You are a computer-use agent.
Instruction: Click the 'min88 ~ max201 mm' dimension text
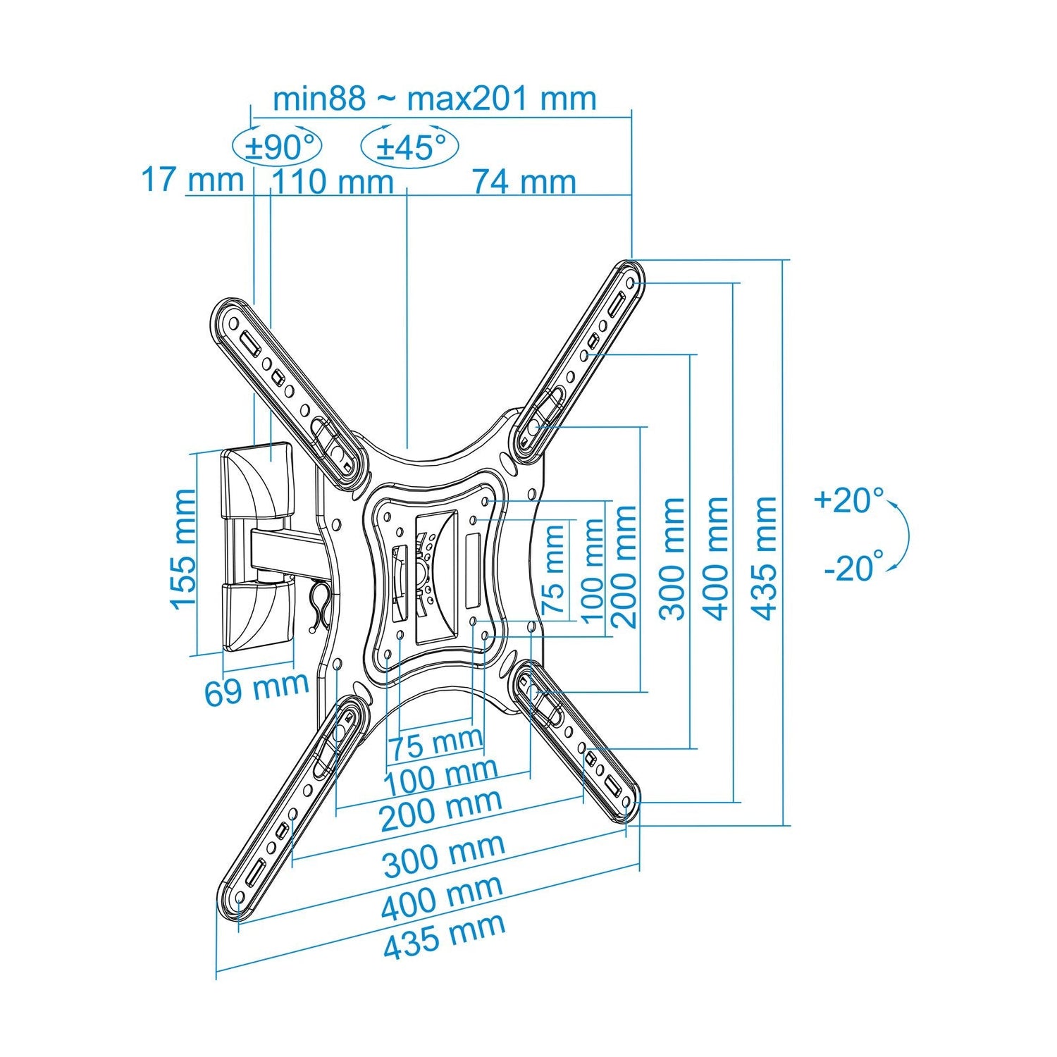pos(435,99)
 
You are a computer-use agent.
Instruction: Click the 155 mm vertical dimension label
pos(183,549)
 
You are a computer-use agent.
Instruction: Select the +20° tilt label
pos(848,500)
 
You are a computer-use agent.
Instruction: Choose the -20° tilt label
pos(853,567)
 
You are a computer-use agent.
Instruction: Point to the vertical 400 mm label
pos(717,558)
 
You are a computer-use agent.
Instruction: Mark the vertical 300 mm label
pos(673,558)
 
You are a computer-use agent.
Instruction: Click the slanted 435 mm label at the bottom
pos(445,937)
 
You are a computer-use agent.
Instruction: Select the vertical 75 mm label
pos(553,571)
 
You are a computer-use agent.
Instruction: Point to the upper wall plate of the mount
pos(256,480)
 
